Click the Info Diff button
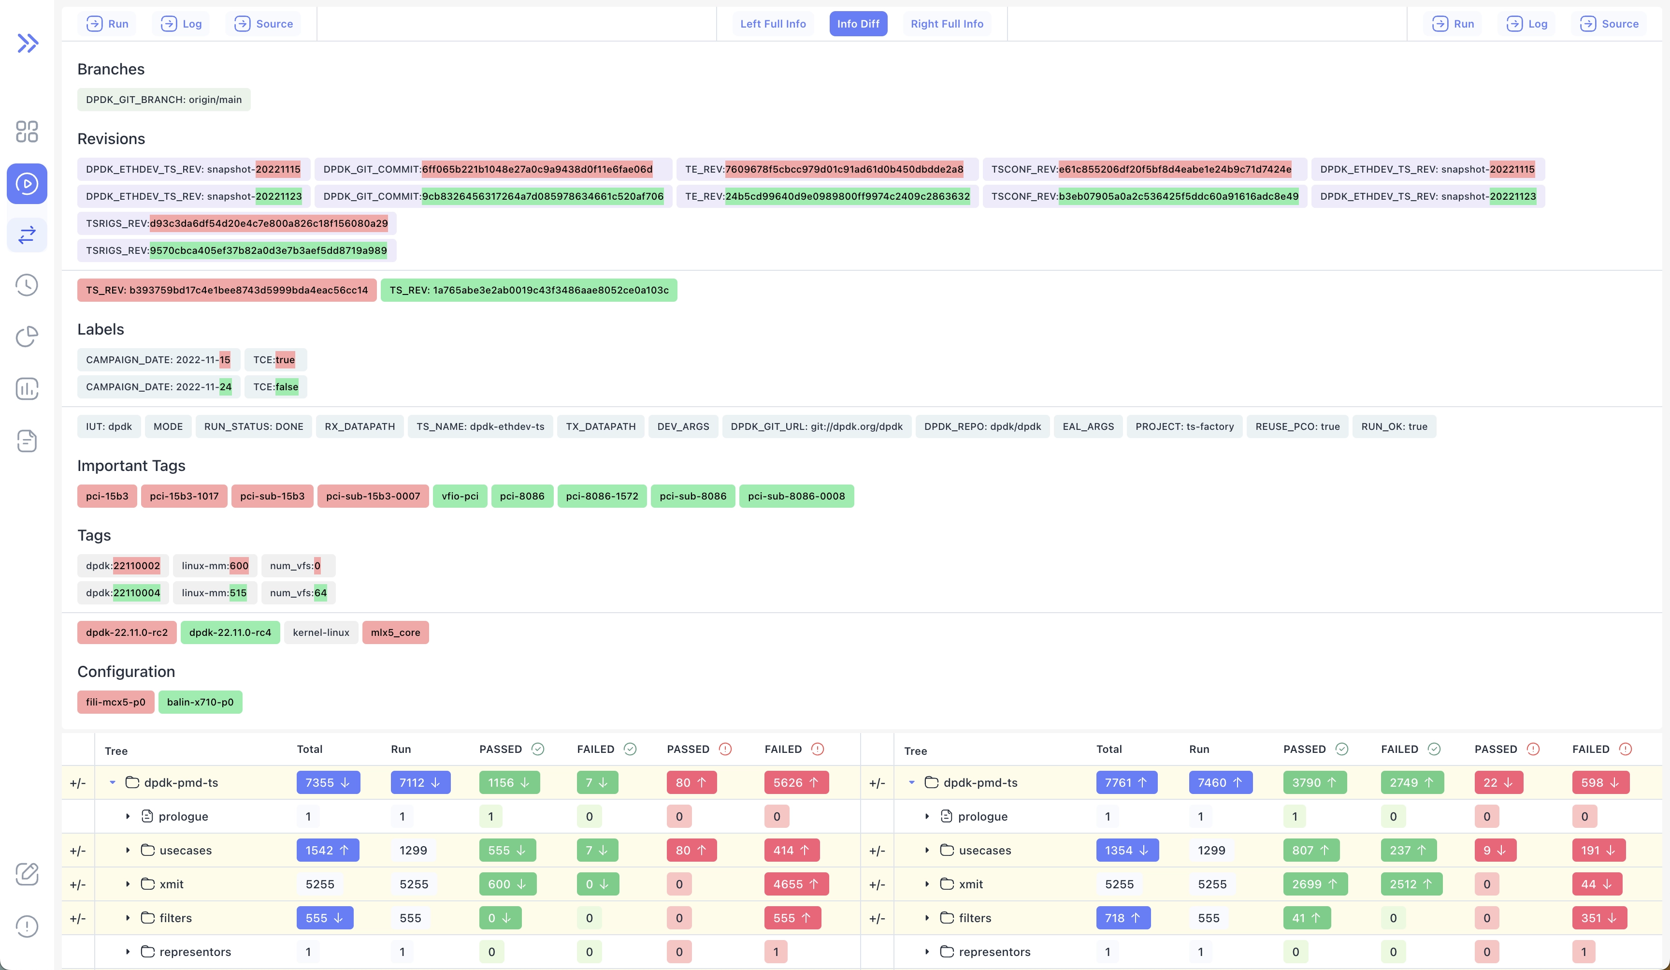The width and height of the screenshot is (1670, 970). tap(858, 24)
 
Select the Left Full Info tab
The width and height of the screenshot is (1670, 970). tap(773, 24)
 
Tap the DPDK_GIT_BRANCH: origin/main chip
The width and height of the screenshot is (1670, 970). tap(164, 100)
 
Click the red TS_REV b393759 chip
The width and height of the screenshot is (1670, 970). tap(227, 290)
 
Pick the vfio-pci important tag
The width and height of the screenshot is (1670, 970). tap(460, 496)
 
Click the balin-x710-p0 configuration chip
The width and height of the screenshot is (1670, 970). tap(200, 702)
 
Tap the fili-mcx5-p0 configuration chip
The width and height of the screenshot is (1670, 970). tap(115, 702)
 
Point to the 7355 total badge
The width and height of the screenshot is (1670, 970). tap(327, 782)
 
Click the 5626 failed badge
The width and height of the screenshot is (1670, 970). tap(795, 782)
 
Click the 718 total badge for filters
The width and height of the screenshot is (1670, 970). tap(1123, 918)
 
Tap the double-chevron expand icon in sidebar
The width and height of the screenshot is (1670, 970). tap(27, 43)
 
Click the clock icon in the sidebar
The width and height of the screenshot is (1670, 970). tap(27, 285)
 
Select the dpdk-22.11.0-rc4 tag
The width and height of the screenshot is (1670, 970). tap(230, 632)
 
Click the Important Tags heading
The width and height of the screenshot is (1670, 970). tap(131, 466)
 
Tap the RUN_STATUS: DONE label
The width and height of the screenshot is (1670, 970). tap(253, 426)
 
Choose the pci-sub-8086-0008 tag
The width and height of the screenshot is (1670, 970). tap(796, 496)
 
